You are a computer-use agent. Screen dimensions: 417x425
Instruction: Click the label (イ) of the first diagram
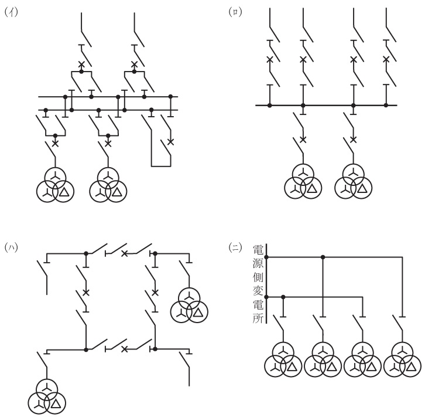coord(9,11)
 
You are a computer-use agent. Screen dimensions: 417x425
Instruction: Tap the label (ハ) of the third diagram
coord(9,246)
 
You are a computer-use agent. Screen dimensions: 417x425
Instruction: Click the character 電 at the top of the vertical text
coord(258,249)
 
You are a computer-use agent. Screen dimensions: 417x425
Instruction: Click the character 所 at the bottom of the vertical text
coord(258,320)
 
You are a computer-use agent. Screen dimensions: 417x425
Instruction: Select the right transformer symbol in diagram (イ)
coord(108,185)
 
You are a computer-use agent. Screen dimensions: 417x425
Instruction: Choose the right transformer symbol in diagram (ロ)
coord(353,181)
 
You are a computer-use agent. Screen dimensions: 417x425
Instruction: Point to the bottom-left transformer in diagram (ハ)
coord(47,396)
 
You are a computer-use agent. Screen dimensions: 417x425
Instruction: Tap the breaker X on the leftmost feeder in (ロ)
coord(270,59)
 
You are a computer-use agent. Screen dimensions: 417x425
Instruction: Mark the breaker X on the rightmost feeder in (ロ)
coord(386,59)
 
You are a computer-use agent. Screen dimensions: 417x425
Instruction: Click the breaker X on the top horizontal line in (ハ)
coord(124,253)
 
